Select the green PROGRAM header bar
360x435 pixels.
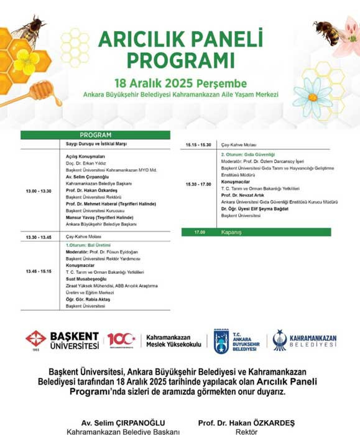tap(95, 134)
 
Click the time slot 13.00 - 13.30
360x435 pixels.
tap(39, 191)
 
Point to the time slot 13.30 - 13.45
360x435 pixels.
tap(39, 237)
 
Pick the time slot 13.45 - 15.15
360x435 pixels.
tap(39, 272)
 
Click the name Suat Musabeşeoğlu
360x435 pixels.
tap(88, 279)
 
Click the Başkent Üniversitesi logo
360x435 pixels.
tap(62, 340)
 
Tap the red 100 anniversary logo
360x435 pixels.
tap(121, 340)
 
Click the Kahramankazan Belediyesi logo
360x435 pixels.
tap(305, 340)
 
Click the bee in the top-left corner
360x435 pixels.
tap(29, 31)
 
